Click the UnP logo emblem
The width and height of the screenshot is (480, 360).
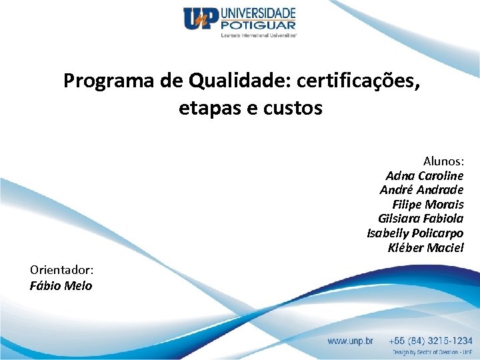201,19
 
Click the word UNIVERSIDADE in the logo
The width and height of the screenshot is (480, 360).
257,13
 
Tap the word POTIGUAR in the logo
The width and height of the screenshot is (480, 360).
257,25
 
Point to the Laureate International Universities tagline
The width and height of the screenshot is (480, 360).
259,35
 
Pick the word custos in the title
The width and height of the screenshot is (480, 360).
293,108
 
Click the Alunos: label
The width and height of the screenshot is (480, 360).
443,161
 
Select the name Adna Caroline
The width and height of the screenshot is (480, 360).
424,176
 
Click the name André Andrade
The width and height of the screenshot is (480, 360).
421,190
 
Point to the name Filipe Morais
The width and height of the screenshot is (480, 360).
428,205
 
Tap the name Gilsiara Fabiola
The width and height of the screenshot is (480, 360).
420,219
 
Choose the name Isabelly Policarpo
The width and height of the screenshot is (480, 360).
415,233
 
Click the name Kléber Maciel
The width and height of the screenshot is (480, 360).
425,248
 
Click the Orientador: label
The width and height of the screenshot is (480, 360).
61,270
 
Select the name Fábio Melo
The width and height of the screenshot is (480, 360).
61,286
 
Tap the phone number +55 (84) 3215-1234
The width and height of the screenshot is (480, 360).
432,341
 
